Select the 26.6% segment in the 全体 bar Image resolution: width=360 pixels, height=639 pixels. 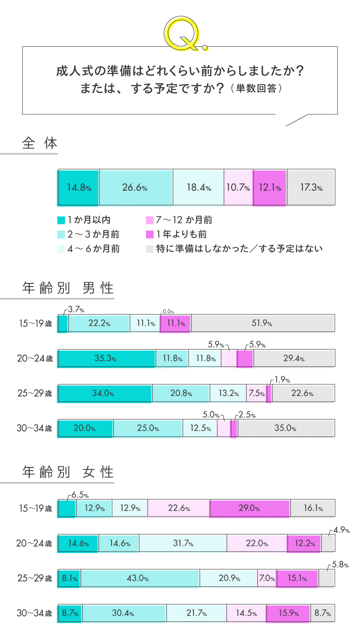pyautogui.click(x=135, y=188)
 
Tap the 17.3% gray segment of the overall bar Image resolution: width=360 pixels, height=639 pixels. pyautogui.click(x=311, y=188)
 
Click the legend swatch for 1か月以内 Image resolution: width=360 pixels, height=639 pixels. pyautogui.click(x=61, y=220)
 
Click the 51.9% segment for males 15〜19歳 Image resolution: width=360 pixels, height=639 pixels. pyautogui.click(x=262, y=324)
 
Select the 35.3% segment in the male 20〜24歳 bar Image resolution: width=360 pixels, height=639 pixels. pyautogui.click(x=106, y=359)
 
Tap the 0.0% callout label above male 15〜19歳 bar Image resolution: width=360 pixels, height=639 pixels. pyautogui.click(x=168, y=311)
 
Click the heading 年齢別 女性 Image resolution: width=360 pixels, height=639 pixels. pyautogui.click(x=68, y=472)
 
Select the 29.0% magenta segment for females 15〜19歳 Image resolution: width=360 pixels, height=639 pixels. pyautogui.click(x=250, y=508)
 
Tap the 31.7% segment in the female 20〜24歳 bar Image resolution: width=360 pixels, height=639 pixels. pyautogui.click(x=183, y=544)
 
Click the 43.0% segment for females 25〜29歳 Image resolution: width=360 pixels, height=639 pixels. pyautogui.click(x=140, y=579)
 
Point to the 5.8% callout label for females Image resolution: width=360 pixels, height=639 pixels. pyautogui.click(x=340, y=564)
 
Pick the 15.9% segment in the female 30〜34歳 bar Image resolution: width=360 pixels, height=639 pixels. pyautogui.click(x=288, y=613)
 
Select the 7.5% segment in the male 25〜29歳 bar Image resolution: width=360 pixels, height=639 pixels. pyautogui.click(x=256, y=393)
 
